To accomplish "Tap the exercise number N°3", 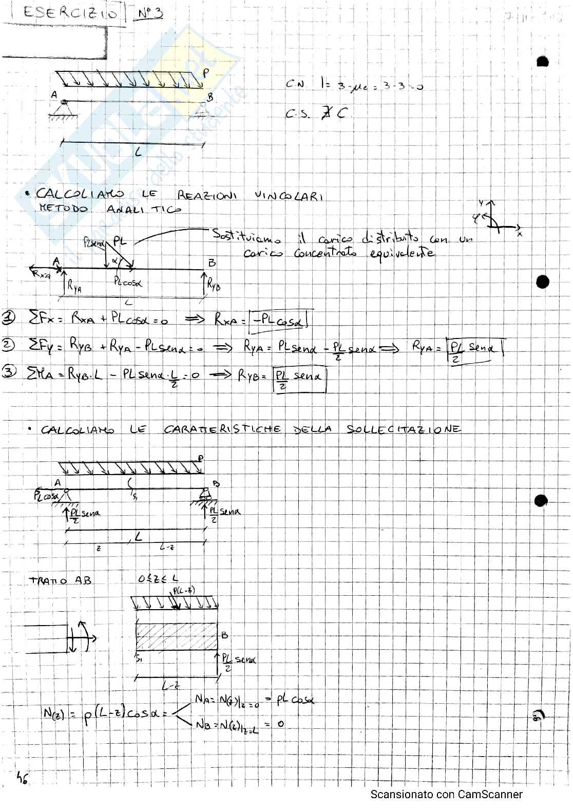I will pos(150,13).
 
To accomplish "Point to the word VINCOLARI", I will pos(289,196).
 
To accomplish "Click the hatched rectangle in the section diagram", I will pos(176,636).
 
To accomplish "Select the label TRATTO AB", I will pos(60,580).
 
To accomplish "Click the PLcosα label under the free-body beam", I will pos(128,282).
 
